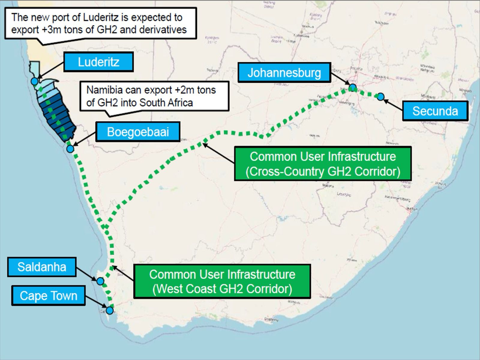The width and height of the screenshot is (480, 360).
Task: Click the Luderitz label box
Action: click(x=98, y=62)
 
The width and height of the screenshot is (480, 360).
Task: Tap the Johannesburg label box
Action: click(x=284, y=73)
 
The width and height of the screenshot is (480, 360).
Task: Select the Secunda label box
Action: click(x=435, y=111)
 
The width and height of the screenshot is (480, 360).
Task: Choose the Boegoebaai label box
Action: click(x=138, y=132)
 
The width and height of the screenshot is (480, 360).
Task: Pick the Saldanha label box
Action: click(x=42, y=267)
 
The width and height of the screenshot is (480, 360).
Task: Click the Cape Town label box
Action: click(x=48, y=295)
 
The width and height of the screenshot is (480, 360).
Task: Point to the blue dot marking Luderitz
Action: click(x=34, y=81)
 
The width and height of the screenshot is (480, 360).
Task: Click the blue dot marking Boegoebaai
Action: click(x=70, y=149)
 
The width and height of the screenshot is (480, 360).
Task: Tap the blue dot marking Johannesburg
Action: click(x=352, y=87)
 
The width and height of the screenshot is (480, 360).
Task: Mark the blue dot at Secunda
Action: click(x=380, y=97)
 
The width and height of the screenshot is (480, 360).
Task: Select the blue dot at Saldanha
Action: click(x=100, y=281)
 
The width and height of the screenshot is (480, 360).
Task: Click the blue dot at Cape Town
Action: click(x=110, y=310)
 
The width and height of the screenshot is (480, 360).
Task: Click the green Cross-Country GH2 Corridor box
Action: click(x=322, y=164)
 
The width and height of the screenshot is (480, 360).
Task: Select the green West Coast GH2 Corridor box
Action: click(x=222, y=281)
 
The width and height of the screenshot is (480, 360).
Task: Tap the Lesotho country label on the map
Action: click(x=344, y=194)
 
